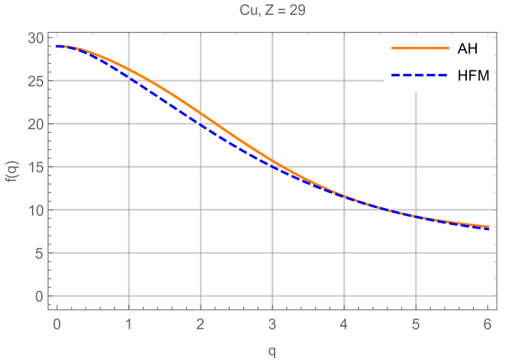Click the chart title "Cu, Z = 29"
point(272,11)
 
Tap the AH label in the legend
point(468,48)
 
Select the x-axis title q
point(272,350)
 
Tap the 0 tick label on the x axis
point(57,324)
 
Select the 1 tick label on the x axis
point(128,324)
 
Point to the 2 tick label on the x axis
point(200,324)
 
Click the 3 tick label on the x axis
point(272,324)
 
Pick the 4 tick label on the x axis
point(344,324)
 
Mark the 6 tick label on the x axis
point(487,324)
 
